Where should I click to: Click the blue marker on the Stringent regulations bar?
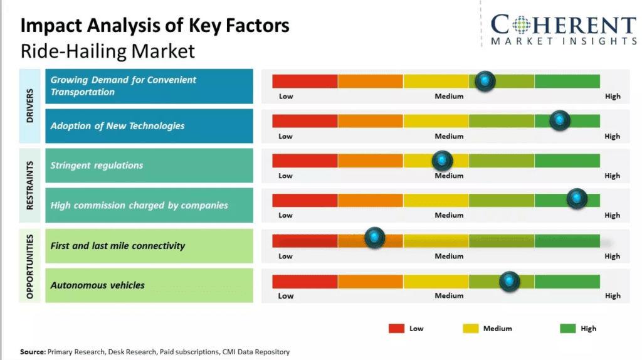443,161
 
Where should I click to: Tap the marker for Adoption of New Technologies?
560,120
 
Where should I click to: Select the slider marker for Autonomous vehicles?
509,281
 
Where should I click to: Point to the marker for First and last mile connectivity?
375,237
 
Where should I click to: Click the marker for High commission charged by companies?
577,199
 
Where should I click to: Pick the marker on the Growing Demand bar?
485,81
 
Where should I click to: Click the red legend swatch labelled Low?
396,328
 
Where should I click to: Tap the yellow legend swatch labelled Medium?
471,328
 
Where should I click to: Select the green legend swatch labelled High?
567,328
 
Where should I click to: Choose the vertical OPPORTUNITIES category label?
30,266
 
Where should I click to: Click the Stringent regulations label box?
149,166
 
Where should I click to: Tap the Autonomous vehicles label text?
98,285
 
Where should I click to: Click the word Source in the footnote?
33,352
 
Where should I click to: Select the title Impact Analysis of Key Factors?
155,26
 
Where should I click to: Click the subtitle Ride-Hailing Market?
108,51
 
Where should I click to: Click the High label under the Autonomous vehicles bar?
613,295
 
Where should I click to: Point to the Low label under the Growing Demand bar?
286,97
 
